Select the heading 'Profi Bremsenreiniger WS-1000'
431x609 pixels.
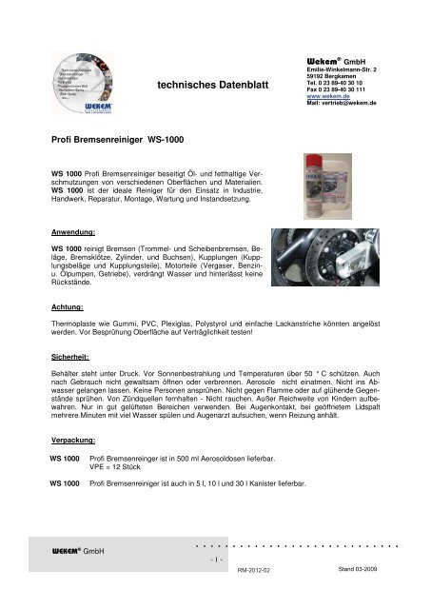114,139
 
